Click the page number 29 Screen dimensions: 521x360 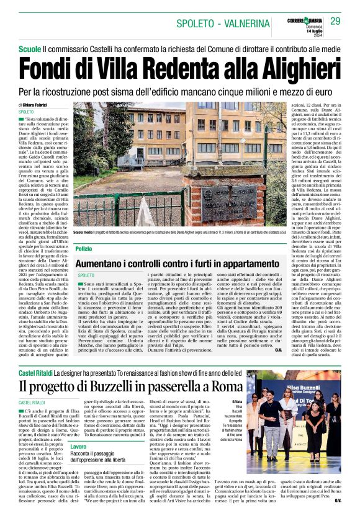click(x=335, y=21)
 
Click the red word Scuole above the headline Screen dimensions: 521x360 click(x=30, y=48)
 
